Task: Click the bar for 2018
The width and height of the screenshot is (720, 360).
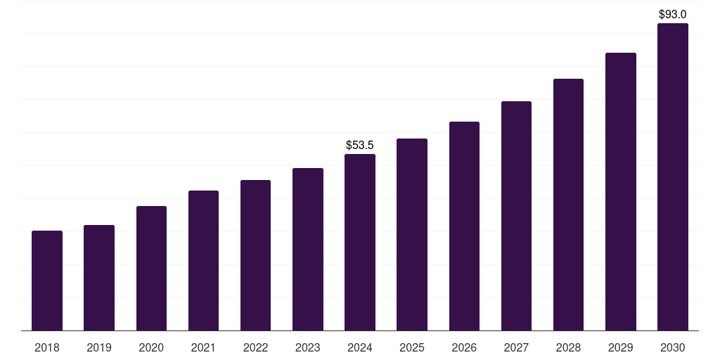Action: click(47, 281)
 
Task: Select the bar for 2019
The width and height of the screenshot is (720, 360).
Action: click(99, 278)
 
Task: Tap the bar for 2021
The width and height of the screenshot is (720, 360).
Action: click(203, 260)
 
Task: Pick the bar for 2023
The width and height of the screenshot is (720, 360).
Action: click(308, 249)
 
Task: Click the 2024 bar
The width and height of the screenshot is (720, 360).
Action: click(360, 242)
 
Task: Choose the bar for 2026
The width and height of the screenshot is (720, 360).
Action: click(464, 226)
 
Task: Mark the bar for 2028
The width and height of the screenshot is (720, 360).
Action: click(568, 205)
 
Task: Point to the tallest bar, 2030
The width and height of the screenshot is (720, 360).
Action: click(672, 176)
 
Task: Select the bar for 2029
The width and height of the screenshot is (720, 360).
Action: click(620, 191)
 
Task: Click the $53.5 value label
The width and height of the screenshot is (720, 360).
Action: click(360, 146)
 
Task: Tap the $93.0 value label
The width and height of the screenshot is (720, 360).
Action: click(672, 14)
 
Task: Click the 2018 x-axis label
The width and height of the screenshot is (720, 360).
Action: click(47, 347)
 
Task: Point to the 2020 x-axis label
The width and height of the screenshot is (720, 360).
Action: click(151, 347)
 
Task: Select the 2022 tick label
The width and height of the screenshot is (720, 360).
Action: click(255, 347)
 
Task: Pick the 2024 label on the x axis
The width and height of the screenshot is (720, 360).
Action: click(360, 347)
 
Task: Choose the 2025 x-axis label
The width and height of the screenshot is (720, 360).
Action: click(412, 347)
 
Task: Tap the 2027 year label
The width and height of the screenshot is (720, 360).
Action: click(516, 347)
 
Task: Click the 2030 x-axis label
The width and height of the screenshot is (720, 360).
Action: click(672, 347)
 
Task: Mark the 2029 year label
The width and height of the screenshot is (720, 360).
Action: click(620, 347)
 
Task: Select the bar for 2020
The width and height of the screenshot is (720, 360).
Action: click(151, 268)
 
